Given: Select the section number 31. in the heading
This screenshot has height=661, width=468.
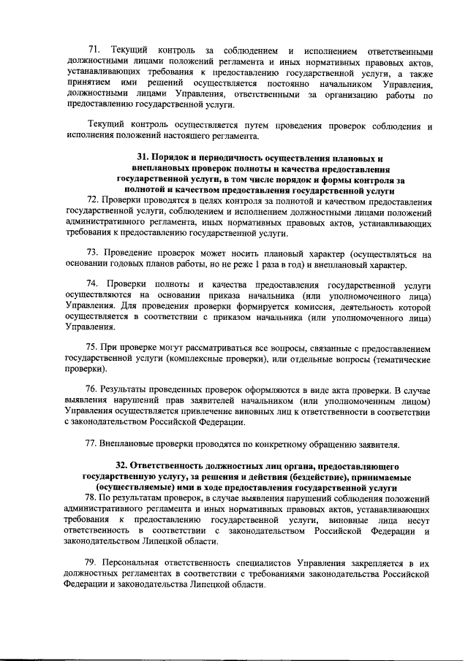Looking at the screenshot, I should (x=143, y=158).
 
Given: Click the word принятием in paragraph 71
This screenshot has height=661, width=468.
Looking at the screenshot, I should (x=86, y=84).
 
